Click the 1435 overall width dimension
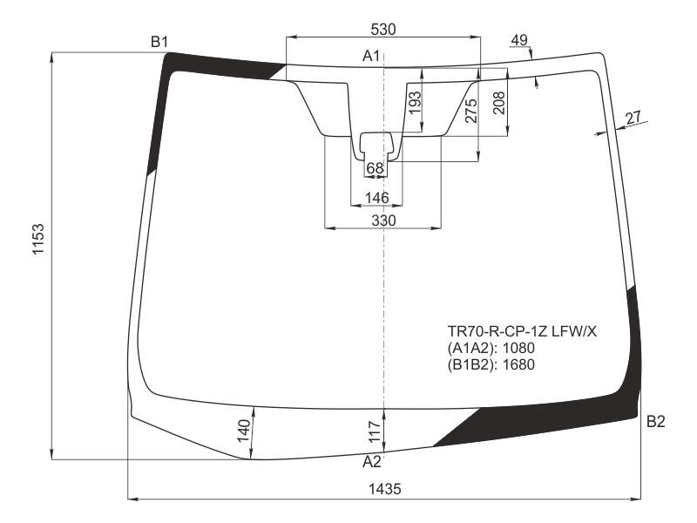click(x=384, y=489)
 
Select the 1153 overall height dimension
click(x=38, y=239)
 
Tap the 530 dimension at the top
click(x=382, y=30)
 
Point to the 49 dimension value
click(x=518, y=40)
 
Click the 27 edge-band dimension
click(x=633, y=118)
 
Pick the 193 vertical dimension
click(x=415, y=103)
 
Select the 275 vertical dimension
click(x=470, y=111)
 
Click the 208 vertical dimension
click(x=499, y=103)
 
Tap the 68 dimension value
click(x=375, y=168)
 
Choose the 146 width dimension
click(x=376, y=198)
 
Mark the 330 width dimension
click(x=383, y=221)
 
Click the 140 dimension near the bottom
click(x=244, y=431)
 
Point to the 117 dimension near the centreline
click(x=376, y=431)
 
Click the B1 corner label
click(x=159, y=42)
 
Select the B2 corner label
click(x=656, y=421)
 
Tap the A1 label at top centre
click(x=371, y=56)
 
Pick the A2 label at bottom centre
click(x=372, y=462)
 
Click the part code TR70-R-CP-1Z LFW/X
click(x=522, y=331)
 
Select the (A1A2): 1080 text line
click(x=491, y=348)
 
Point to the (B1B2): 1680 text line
click(x=491, y=364)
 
